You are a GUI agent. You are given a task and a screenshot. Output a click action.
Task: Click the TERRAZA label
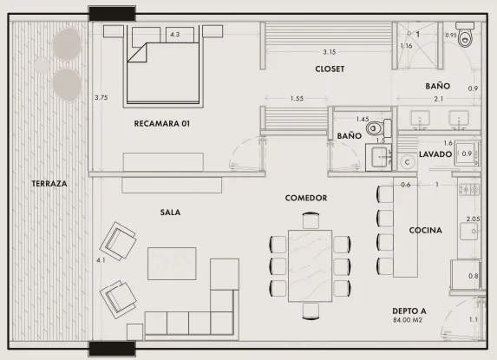(49, 184)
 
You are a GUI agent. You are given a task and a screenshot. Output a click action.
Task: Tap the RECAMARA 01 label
(162, 123)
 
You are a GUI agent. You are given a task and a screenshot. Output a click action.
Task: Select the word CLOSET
(330, 69)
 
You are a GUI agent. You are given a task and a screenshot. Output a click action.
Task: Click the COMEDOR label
(306, 198)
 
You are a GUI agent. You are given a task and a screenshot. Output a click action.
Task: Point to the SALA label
(170, 213)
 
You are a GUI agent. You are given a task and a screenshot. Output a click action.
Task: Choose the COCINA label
(425, 231)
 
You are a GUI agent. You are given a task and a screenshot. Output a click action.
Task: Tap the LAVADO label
(435, 154)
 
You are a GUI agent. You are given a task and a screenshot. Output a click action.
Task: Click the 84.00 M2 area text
(408, 320)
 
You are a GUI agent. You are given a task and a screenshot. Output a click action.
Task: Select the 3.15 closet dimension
(330, 52)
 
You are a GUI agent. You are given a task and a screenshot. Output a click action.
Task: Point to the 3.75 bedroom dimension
(101, 98)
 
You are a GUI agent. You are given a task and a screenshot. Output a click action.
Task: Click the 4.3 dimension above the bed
(175, 34)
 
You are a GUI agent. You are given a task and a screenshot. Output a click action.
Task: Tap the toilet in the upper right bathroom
(465, 35)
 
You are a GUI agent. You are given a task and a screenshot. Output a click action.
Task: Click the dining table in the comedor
(310, 266)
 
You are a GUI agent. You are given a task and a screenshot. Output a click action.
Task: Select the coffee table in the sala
(172, 264)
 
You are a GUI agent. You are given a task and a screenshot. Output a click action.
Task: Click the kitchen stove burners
(469, 189)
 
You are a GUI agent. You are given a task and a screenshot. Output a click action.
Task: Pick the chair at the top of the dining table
(311, 220)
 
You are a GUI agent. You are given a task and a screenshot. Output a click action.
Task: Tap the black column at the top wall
(112, 14)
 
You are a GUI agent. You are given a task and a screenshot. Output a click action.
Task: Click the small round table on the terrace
(42, 65)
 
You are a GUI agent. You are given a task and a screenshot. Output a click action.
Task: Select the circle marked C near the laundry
(408, 162)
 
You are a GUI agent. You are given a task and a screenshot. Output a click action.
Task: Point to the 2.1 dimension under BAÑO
(438, 99)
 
